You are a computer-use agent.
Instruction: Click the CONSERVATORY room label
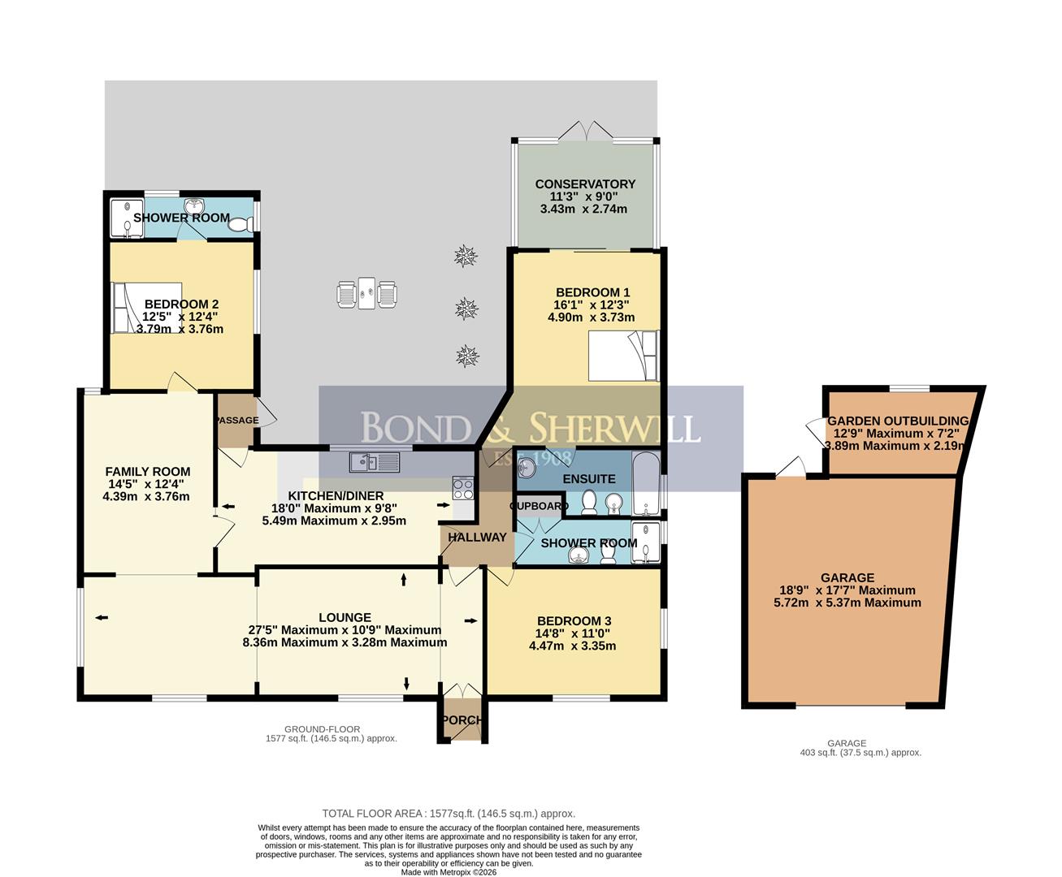[x=585, y=184]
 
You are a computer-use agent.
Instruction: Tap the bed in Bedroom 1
[x=623, y=356]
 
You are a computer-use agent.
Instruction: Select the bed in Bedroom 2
[x=146, y=308]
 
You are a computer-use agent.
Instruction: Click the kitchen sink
[x=375, y=462]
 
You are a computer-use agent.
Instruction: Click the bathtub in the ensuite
[x=646, y=483]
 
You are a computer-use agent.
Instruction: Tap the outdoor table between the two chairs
[x=366, y=292]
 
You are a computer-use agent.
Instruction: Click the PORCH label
[x=462, y=720]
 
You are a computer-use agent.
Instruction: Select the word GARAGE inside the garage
[x=847, y=577]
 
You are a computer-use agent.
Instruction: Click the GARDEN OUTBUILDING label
[x=898, y=421]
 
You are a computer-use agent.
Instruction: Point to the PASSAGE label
[x=237, y=420]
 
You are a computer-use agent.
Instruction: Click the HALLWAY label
[x=477, y=537]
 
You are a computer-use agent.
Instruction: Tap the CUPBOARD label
[x=539, y=506]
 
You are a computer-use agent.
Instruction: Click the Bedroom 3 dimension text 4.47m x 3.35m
[x=572, y=646]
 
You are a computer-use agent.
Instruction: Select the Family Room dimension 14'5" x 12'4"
[x=146, y=484]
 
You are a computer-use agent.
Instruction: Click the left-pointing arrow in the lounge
[x=102, y=617]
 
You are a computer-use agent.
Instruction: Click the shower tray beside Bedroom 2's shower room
[x=127, y=218]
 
